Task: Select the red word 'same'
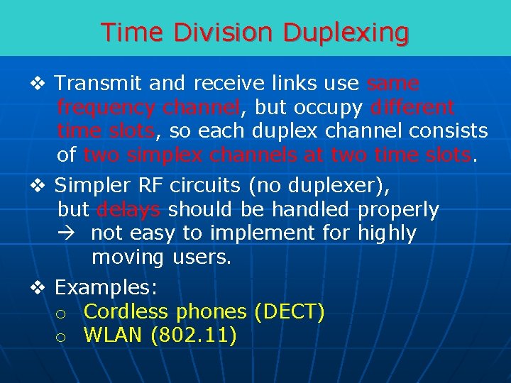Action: [x=393, y=84]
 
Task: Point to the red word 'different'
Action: [x=412, y=108]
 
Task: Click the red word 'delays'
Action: [x=128, y=210]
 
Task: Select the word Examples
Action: [x=106, y=288]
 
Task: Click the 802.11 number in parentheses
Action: [x=194, y=335]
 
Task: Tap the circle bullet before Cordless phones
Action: [x=62, y=313]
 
